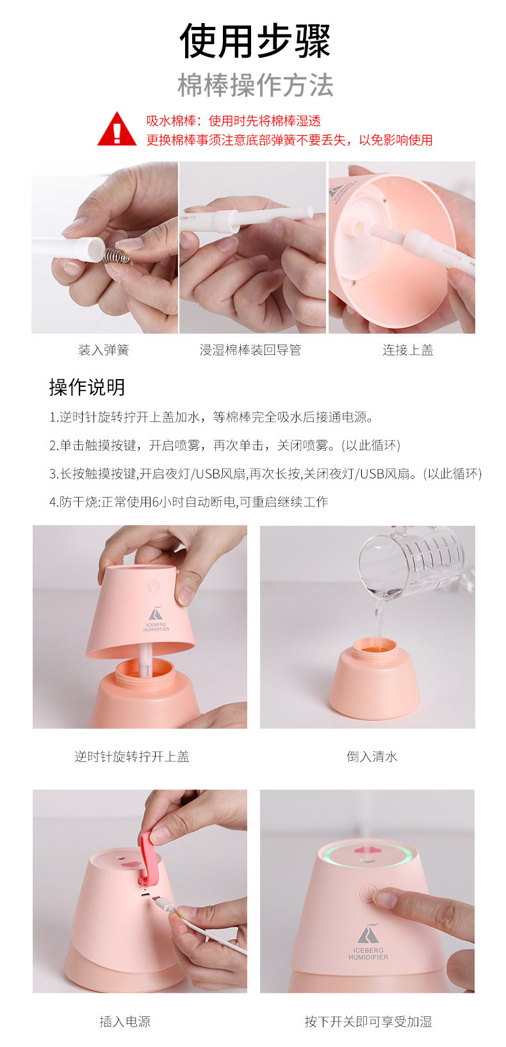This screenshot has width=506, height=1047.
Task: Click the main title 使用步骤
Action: point(255,41)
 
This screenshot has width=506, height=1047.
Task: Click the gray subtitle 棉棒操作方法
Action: point(255,85)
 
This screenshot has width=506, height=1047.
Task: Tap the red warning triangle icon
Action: point(117,129)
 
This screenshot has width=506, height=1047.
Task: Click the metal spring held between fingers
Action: point(117,255)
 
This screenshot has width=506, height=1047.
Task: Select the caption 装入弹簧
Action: point(104,350)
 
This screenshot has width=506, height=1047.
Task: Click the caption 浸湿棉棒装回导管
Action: point(250,350)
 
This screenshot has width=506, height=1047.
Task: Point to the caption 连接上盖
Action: point(408,350)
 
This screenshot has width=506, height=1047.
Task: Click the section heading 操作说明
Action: point(87,387)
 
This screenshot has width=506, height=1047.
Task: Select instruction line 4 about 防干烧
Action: point(188,501)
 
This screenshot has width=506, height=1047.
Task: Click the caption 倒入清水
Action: point(371,756)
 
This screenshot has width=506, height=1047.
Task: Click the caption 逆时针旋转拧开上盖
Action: point(132,756)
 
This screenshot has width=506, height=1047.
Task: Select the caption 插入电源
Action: point(125,1021)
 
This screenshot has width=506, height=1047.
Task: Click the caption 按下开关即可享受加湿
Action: point(368,1021)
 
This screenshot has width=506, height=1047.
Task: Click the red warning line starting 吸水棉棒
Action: point(234,121)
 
